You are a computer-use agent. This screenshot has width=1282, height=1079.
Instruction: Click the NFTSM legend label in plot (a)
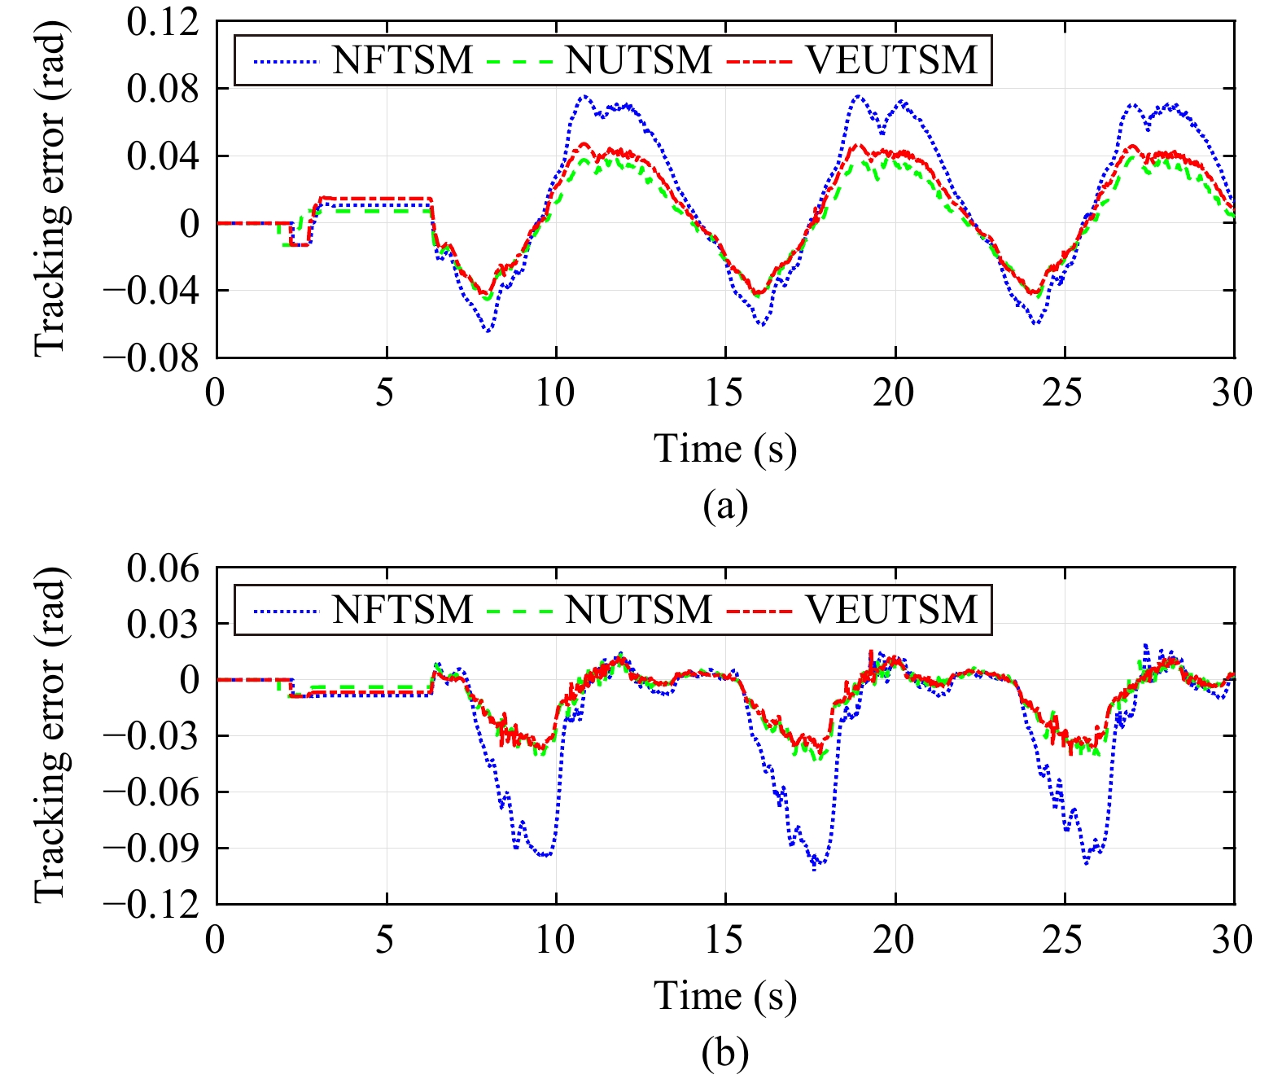tap(402, 60)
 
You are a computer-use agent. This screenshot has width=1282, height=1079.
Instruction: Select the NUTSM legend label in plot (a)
tap(639, 60)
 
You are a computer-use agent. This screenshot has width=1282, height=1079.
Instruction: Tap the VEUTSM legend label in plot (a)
tap(891, 60)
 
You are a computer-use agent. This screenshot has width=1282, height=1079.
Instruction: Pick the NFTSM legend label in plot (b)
tap(402, 610)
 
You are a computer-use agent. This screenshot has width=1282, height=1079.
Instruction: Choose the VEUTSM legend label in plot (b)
tap(891, 610)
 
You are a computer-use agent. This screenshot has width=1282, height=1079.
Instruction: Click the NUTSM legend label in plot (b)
tap(639, 610)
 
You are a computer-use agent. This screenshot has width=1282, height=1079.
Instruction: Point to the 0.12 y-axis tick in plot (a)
tap(164, 22)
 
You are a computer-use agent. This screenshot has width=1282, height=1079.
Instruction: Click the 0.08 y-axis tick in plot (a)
tap(164, 89)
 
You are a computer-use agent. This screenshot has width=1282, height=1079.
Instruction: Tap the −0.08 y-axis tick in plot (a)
tap(151, 358)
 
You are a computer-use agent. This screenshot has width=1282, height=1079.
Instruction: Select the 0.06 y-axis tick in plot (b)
tap(164, 568)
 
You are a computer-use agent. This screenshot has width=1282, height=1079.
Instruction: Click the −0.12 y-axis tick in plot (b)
tap(151, 905)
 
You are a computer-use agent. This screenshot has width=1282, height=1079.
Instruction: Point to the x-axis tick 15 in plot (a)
tap(724, 393)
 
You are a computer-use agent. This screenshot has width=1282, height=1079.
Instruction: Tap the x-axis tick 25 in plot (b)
tap(1063, 940)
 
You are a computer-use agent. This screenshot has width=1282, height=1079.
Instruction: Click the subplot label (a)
tap(724, 506)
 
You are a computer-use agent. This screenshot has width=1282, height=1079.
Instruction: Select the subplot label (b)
tap(724, 1053)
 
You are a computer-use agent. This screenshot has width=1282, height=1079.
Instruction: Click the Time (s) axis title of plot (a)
tap(724, 449)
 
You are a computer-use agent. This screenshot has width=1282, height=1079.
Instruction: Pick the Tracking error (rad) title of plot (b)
tap(50, 735)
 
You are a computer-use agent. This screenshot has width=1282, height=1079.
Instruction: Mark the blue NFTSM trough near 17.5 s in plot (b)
tap(815, 868)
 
